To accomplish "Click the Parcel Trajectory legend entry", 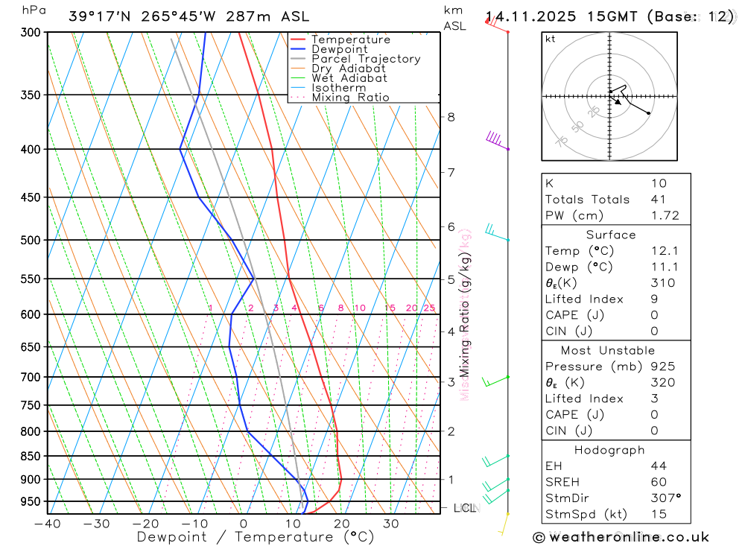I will [x=366, y=59].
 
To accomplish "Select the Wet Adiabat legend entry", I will [x=349, y=78].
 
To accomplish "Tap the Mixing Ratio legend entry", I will [x=350, y=98].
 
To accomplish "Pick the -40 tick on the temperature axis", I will [x=47, y=524].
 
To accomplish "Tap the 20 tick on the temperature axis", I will [x=342, y=524].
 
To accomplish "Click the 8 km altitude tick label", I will [x=451, y=117].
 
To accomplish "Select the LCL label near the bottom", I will [x=465, y=508].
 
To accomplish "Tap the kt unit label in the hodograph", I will [x=550, y=39].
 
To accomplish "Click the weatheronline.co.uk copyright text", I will [x=621, y=537].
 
